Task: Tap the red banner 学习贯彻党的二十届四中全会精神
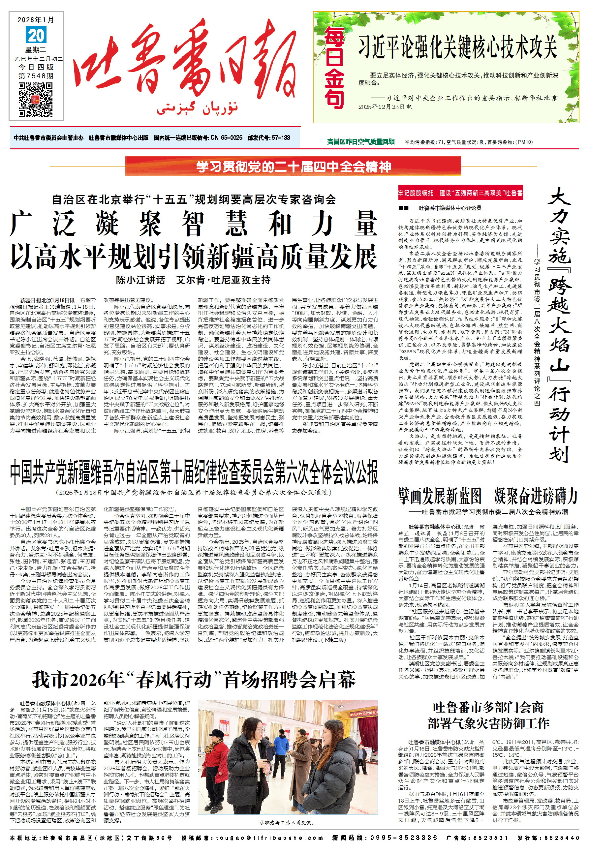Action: pyautogui.click(x=293, y=167)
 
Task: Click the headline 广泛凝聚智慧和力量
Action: pyautogui.click(x=194, y=224)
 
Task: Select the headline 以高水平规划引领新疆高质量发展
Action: pyautogui.click(x=194, y=257)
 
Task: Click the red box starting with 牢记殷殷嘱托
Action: pyautogui.click(x=460, y=193)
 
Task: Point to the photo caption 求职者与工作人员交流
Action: pyautogui.click(x=287, y=822)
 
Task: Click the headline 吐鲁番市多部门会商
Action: pyautogui.click(x=488, y=707)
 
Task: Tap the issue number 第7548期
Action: pyautogui.click(x=36, y=76)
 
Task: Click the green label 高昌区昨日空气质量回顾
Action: pyautogui.click(x=360, y=142)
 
